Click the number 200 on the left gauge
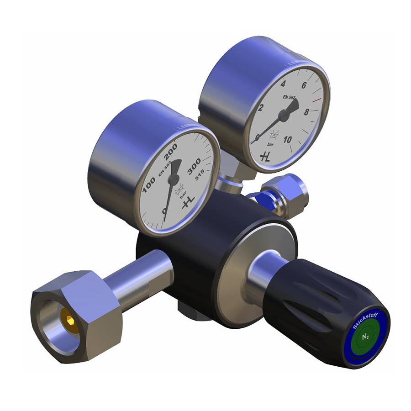[x=171, y=152]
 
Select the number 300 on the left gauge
[x=194, y=166]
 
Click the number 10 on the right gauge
[x=287, y=139]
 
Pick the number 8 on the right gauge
[x=306, y=112]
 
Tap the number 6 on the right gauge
[x=304, y=85]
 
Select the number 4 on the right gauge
[x=283, y=84]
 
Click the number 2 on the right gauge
[x=260, y=107]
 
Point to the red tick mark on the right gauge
[x=316, y=100]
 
